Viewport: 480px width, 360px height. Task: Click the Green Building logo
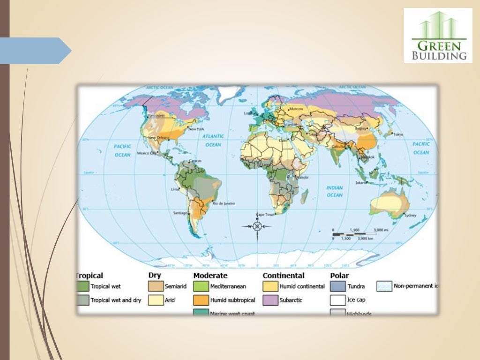(438, 36)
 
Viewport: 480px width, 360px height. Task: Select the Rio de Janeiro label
(224, 203)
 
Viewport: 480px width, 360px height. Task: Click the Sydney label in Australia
(410, 215)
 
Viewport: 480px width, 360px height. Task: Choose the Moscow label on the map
(297, 109)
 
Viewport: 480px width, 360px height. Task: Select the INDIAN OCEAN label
(334, 191)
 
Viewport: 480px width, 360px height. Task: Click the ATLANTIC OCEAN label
(213, 140)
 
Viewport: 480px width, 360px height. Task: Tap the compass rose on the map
(257, 226)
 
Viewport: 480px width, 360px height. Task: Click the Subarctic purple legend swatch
(270, 300)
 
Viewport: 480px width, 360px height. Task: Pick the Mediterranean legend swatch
(201, 286)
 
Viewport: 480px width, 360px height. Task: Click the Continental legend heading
(283, 276)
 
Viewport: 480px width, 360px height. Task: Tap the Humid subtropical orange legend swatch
(201, 300)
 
